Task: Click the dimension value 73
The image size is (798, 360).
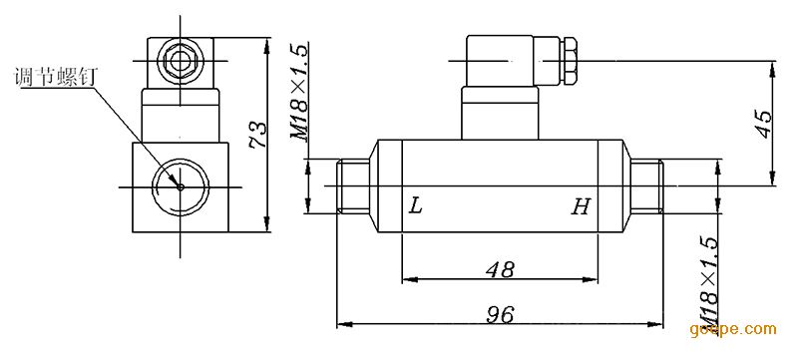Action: pos(258,135)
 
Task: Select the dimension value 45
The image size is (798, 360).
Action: pos(764,123)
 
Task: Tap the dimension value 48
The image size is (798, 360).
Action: pos(501,269)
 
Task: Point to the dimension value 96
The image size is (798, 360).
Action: pos(499,315)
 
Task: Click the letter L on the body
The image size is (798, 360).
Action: pos(416,206)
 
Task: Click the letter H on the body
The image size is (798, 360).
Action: pos(581,206)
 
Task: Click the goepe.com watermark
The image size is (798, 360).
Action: pos(733,329)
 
